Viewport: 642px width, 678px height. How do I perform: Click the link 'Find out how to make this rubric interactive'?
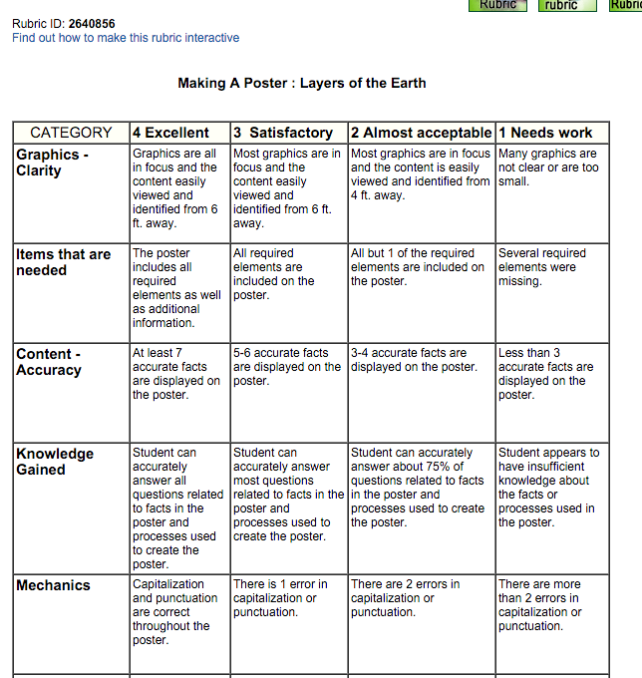coord(126,38)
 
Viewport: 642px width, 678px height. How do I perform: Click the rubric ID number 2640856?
coord(92,24)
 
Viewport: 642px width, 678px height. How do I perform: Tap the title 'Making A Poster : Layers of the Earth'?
coord(301,83)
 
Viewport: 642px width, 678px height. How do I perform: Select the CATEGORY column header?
coord(71,133)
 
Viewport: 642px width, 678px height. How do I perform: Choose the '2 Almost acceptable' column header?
coord(421,133)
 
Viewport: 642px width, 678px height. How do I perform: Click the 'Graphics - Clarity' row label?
coord(53,163)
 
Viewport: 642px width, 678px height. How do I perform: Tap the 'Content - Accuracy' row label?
coord(49,362)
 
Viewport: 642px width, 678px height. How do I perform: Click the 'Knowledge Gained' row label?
coord(55,462)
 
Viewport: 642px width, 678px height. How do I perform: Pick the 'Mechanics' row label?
coord(53,585)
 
